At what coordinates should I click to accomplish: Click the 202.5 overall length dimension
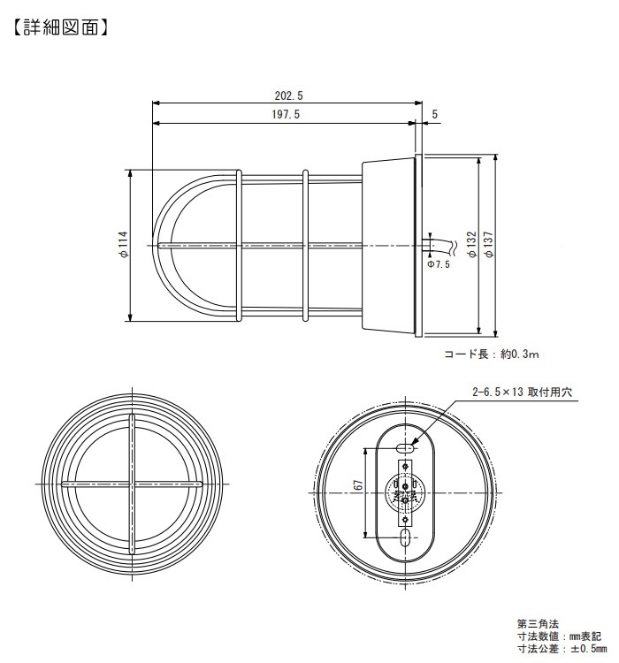pos(288,96)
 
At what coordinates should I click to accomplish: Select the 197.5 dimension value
pos(286,115)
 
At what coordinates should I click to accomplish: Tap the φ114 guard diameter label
pos(123,245)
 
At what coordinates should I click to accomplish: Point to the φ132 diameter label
pos(471,244)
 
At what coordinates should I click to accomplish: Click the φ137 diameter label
pos(489,244)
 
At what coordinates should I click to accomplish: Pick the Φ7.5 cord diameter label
pos(439,264)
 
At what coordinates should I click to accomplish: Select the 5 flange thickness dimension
pos(434,114)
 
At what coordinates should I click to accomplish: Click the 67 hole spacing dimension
pos(358,484)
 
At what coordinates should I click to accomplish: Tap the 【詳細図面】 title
pos(60,27)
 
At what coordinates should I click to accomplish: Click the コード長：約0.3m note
pos(492,354)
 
